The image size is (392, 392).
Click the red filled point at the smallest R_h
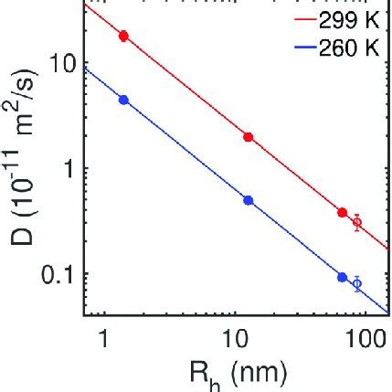(x=124, y=36)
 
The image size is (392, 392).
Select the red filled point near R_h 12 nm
(x=249, y=136)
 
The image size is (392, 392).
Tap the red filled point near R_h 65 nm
(x=343, y=212)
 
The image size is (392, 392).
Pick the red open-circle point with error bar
(x=357, y=222)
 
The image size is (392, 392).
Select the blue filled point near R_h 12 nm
(x=249, y=199)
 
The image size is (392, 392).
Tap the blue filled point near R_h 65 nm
(x=343, y=276)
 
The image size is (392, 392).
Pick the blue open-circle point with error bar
(x=357, y=284)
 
